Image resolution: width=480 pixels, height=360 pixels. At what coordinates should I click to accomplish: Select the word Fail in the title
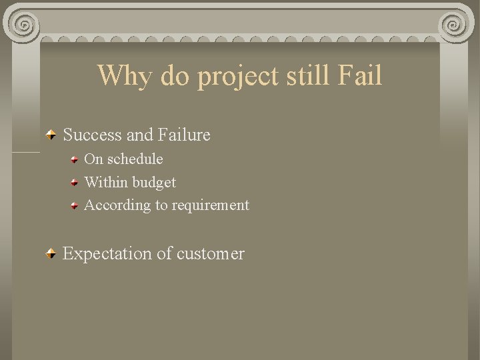(360, 75)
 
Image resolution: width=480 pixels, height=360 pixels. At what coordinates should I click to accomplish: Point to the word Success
(92, 135)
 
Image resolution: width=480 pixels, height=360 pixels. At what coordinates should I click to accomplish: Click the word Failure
(184, 135)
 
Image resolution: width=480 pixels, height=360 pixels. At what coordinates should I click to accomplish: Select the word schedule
(135, 159)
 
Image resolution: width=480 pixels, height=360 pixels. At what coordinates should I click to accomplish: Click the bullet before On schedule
(77, 160)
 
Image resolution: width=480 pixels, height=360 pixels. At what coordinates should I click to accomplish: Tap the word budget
(154, 183)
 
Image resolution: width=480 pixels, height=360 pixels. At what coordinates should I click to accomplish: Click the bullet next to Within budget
(77, 183)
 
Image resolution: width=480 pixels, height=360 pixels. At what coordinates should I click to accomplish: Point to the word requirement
(210, 206)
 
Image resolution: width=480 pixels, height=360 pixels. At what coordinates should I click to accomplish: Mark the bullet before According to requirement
(77, 205)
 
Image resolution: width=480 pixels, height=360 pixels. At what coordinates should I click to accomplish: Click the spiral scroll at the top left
(24, 25)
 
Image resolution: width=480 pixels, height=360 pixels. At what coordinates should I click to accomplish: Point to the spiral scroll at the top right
(457, 25)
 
